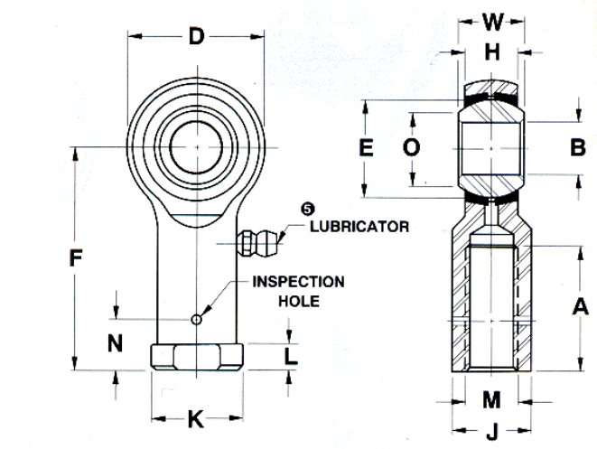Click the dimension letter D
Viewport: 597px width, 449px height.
pyautogui.click(x=197, y=36)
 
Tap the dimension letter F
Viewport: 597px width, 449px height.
pyautogui.click(x=76, y=257)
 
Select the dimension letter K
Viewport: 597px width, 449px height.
pyautogui.click(x=196, y=419)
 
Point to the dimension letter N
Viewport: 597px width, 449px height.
pyautogui.click(x=115, y=343)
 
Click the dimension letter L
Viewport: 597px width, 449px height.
pyautogui.click(x=291, y=357)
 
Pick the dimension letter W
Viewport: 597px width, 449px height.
pyautogui.click(x=493, y=22)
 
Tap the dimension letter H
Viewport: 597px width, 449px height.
pyautogui.click(x=492, y=52)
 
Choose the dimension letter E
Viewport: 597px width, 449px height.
pyautogui.click(x=366, y=148)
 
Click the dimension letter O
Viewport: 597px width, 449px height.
pyautogui.click(x=411, y=147)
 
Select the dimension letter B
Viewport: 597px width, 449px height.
pyautogui.click(x=578, y=147)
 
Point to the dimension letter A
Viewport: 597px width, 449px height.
pyautogui.click(x=580, y=306)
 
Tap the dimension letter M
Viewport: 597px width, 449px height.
pyautogui.click(x=491, y=400)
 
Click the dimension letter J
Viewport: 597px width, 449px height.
pyautogui.click(x=492, y=432)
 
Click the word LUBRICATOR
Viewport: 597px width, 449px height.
pyautogui.click(x=359, y=227)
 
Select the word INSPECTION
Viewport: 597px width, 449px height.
pyautogui.click(x=298, y=282)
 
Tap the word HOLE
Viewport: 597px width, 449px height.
pyautogui.click(x=299, y=301)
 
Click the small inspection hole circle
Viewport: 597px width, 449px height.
pyautogui.click(x=196, y=319)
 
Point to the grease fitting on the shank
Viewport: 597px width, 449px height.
pyautogui.click(x=257, y=243)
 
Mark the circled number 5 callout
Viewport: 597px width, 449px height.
pyautogui.click(x=308, y=209)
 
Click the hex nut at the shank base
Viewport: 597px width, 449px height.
pyautogui.click(x=197, y=357)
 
